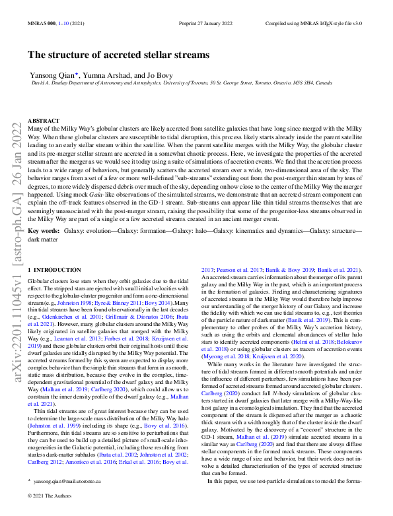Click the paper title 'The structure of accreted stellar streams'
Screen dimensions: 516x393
pyautogui.click(x=119, y=55)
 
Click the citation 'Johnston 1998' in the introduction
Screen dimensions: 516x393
pyautogui.click(x=78, y=303)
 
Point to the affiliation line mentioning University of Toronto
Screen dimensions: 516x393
pyautogui.click(x=182, y=84)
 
